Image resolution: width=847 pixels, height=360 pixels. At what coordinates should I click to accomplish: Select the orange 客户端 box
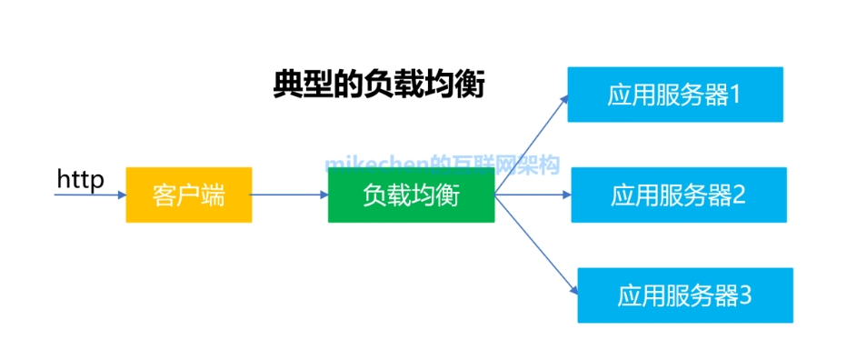(188, 195)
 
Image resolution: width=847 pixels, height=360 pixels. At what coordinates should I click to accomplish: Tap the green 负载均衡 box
(411, 195)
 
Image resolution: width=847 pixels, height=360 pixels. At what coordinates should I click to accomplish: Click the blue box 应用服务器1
(674, 95)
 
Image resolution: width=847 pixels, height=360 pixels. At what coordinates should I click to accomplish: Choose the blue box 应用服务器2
(678, 195)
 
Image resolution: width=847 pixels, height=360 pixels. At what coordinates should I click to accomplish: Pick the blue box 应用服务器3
(684, 295)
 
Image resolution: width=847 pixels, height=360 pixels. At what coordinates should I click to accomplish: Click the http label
(80, 179)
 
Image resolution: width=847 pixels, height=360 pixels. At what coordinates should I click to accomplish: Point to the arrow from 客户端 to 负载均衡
(289, 195)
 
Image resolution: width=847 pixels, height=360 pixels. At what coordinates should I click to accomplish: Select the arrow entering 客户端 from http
(90, 195)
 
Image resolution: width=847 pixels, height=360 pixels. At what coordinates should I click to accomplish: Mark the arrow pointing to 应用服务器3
(536, 245)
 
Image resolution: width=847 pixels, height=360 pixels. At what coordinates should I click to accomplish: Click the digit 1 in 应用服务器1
(735, 95)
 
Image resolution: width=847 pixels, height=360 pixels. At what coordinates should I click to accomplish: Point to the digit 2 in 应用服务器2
(738, 195)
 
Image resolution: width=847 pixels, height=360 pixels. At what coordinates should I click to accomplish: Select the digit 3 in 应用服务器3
(744, 295)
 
